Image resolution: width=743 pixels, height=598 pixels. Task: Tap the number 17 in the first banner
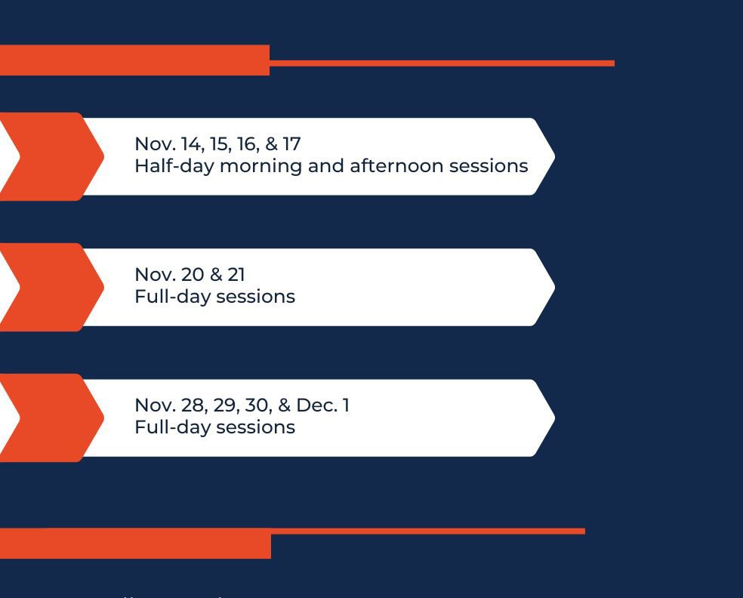point(292,144)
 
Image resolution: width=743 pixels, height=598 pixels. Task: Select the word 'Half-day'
point(174,166)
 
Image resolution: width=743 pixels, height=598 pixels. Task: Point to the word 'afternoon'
point(396,166)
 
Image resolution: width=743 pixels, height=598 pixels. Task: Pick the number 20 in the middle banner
point(193,275)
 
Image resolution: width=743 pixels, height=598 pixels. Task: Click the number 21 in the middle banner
point(236,275)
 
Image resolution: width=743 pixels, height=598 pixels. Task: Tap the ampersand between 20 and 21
point(216,275)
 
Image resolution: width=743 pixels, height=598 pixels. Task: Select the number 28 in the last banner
point(193,405)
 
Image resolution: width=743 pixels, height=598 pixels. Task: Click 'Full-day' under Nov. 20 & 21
point(173,297)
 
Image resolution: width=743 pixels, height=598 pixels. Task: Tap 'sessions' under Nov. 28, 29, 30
point(255,428)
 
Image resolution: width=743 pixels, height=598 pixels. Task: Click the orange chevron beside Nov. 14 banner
point(52,156)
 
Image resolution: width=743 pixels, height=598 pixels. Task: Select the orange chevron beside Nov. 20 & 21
point(52,287)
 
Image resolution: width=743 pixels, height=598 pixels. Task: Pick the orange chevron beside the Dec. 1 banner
point(52,418)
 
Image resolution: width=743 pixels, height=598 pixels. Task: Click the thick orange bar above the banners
point(134,60)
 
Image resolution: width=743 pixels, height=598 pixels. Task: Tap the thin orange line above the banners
point(442,63)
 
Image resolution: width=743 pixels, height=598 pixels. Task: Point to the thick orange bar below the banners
point(135,544)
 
